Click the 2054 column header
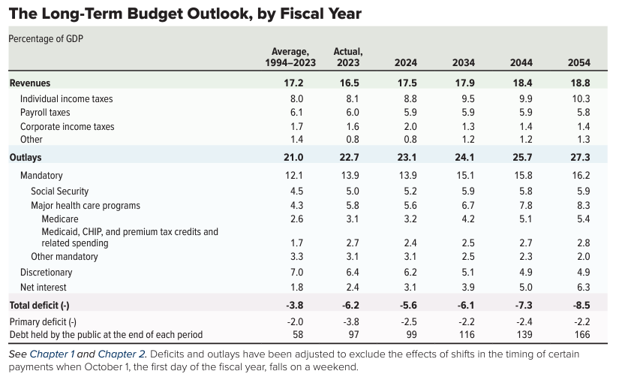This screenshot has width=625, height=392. tap(580, 62)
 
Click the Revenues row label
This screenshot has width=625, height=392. tap(30, 83)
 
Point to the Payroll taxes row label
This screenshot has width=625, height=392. tap(45, 113)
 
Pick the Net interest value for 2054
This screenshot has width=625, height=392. tap(581, 287)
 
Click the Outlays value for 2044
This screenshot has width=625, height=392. tap(521, 157)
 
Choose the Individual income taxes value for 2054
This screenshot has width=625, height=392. tap(581, 98)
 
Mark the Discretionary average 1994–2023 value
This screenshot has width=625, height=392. tap(296, 273)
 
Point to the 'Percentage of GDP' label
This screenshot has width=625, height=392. tap(45, 38)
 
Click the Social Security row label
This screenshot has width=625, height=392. tap(59, 191)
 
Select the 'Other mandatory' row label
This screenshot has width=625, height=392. tap(65, 257)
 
